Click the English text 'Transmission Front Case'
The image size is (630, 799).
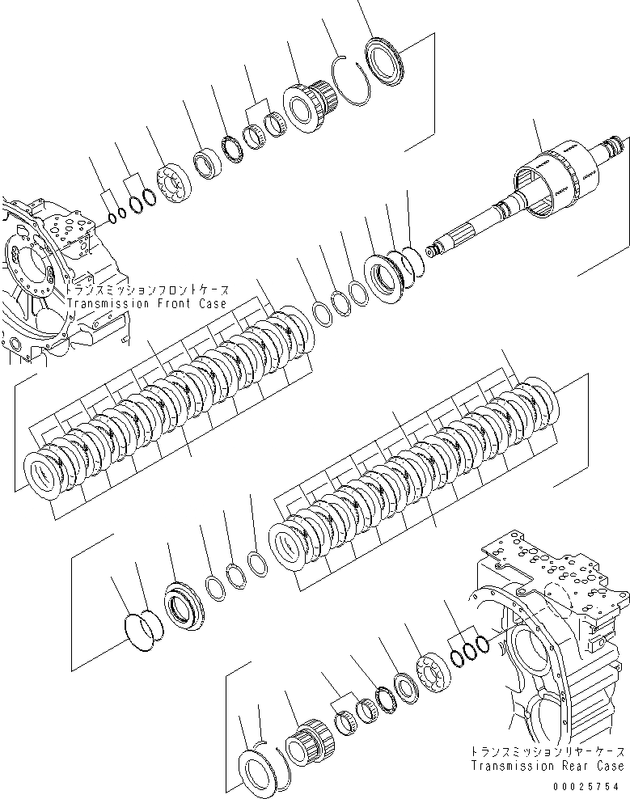click(148, 303)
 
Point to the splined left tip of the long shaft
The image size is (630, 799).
click(438, 248)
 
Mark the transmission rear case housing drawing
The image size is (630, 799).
click(550, 639)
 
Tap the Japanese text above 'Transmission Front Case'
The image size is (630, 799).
click(148, 290)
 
